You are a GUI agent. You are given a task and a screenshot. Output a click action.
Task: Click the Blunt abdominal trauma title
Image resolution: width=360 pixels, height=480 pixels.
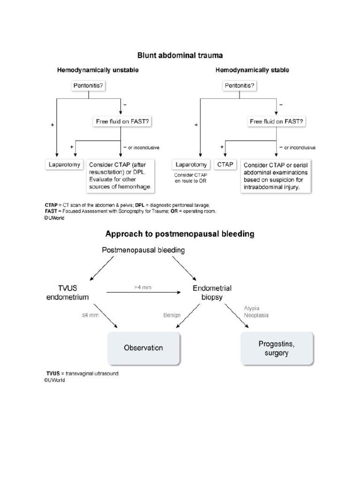point(180,55)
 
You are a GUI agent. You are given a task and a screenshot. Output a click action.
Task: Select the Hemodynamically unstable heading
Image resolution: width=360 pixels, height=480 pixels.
point(98,70)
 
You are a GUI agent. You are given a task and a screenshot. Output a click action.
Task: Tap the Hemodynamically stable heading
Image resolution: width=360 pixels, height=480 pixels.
point(252,70)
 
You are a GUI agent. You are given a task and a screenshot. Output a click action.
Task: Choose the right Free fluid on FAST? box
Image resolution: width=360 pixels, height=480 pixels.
point(277,121)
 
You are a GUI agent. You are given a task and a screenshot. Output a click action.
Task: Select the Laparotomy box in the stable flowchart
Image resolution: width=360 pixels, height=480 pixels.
point(191,165)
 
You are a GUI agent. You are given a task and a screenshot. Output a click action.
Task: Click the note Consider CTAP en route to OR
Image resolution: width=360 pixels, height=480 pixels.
point(191,178)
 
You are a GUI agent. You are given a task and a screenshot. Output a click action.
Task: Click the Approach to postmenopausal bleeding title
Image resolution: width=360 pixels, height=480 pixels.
point(180,233)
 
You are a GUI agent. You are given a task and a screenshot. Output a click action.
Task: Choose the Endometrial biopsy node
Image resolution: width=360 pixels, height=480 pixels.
point(212,292)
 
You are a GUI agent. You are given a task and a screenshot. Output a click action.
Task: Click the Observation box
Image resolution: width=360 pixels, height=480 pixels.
point(143,348)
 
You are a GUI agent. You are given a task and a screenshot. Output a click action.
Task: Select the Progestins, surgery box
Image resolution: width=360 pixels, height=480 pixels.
point(277,348)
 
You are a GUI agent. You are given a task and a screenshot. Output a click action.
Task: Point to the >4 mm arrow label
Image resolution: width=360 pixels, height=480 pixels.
point(142,286)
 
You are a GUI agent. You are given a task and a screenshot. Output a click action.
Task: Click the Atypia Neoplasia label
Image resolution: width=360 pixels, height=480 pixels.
point(256,312)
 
